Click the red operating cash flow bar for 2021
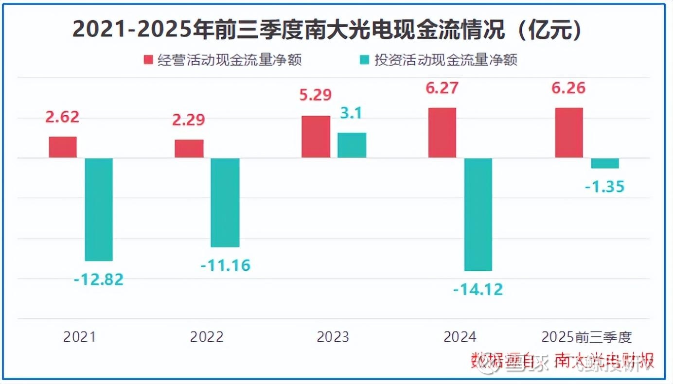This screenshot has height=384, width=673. [63, 147]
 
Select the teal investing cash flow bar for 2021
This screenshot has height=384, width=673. [99, 209]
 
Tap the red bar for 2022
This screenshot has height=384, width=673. [189, 149]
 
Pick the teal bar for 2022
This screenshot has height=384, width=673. [225, 203]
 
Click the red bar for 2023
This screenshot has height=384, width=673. [316, 137]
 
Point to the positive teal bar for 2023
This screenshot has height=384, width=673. [352, 145]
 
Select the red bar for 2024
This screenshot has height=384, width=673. [442, 133]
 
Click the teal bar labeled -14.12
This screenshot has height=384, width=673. [478, 214]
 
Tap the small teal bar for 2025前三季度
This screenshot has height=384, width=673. [605, 163]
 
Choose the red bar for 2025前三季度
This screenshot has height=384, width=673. [569, 133]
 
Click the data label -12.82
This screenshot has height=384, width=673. [99, 279]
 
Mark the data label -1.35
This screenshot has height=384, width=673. [605, 186]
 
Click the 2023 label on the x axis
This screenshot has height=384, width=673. [333, 337]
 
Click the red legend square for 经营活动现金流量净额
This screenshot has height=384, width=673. [148, 60]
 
